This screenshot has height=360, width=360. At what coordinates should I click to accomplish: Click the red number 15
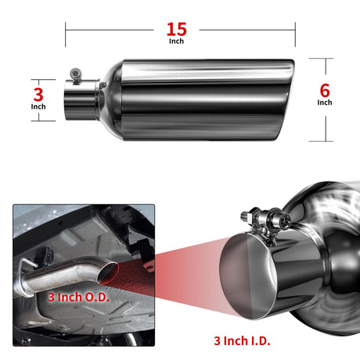177,29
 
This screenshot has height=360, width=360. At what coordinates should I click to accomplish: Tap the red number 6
325,91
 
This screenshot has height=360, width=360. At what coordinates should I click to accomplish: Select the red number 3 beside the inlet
38,95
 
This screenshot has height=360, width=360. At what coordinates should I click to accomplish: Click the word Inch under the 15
176,41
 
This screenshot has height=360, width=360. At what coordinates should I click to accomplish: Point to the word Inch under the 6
325,103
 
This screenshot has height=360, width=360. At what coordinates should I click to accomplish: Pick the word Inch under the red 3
38,106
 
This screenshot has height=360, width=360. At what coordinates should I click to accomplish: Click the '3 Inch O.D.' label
78,297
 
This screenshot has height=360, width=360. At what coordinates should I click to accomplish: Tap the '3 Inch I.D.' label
242,340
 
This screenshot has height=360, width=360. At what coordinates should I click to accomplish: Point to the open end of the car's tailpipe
107,273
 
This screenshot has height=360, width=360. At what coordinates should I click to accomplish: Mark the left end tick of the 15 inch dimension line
65,34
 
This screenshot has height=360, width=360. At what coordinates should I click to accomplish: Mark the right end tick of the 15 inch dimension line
295,34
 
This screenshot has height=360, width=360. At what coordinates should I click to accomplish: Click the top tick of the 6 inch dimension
321,59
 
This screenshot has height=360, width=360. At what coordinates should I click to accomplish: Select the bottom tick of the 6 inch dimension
321,141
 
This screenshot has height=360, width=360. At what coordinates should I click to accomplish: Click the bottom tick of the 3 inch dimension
43,121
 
